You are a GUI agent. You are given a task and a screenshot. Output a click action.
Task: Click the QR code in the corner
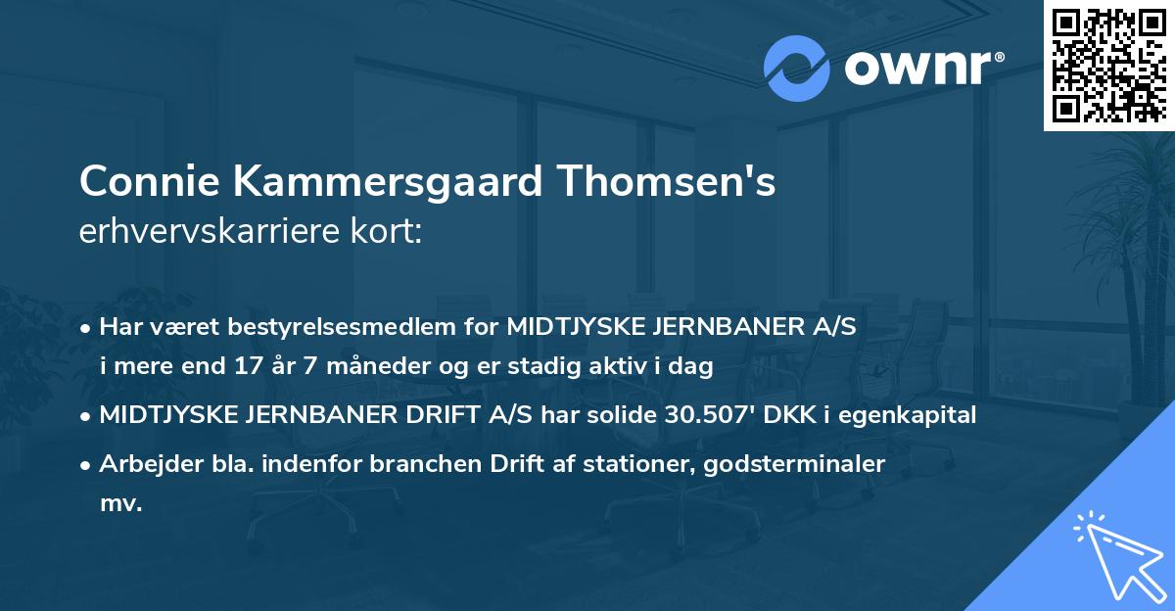(1109, 65)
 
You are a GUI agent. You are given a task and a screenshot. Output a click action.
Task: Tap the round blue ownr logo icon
(797, 69)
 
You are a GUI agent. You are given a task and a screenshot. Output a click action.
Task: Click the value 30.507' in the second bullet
(703, 414)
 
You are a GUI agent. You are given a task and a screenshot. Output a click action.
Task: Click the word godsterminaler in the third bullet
(799, 464)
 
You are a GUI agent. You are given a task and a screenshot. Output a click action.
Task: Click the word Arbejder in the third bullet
(145, 464)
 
